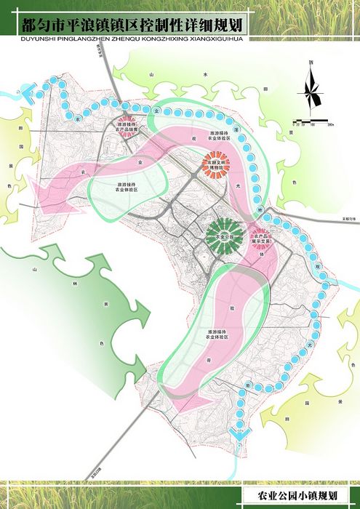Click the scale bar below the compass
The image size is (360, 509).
tap(315, 119)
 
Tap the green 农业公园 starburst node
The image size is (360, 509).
tap(223, 236)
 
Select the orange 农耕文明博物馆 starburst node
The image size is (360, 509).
tap(217, 164)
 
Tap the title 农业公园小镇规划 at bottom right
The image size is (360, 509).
tap(292, 495)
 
